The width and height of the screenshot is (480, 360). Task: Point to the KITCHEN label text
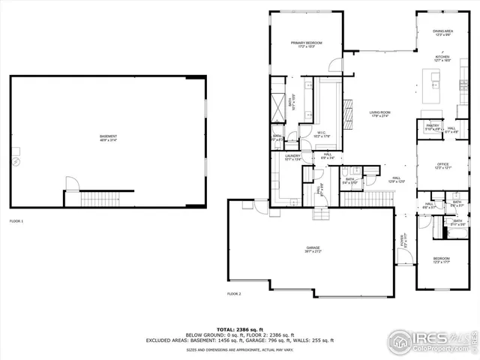(442, 58)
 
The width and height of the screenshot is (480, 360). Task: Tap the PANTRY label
(432, 127)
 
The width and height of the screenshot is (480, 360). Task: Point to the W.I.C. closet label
(322, 134)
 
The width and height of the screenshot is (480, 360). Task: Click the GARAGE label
(313, 250)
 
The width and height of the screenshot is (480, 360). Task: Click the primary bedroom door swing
(336, 66)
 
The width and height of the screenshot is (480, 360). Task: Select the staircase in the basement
(95, 199)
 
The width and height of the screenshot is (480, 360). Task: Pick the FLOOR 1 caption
(16, 221)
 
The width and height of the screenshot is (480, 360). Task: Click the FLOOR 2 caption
(234, 294)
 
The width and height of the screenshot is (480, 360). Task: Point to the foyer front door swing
(404, 259)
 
